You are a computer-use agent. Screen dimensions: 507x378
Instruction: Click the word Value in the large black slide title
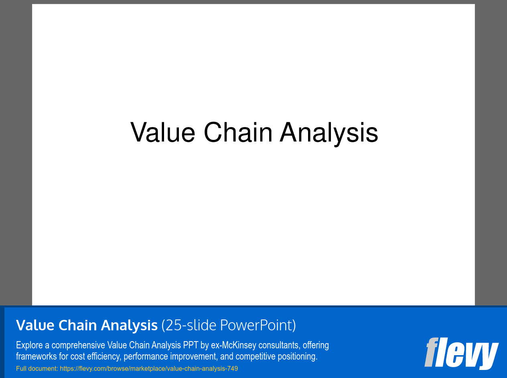(163, 132)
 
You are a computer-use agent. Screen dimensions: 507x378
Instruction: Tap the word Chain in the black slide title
(238, 132)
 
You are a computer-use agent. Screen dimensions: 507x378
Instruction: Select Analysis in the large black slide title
(329, 134)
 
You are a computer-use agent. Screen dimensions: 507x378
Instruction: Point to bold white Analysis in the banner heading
(129, 326)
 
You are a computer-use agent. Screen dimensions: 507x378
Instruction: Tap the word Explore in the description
(29, 345)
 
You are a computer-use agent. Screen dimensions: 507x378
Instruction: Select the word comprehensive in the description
(78, 345)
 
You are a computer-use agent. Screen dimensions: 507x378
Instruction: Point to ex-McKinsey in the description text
(233, 345)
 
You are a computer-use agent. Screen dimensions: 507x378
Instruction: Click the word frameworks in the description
(36, 356)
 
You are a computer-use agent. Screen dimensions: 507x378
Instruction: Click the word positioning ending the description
(298, 357)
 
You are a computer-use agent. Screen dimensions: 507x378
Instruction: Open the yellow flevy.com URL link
(149, 369)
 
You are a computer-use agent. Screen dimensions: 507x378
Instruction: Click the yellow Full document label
(37, 368)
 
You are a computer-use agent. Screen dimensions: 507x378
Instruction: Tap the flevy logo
(462, 354)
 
